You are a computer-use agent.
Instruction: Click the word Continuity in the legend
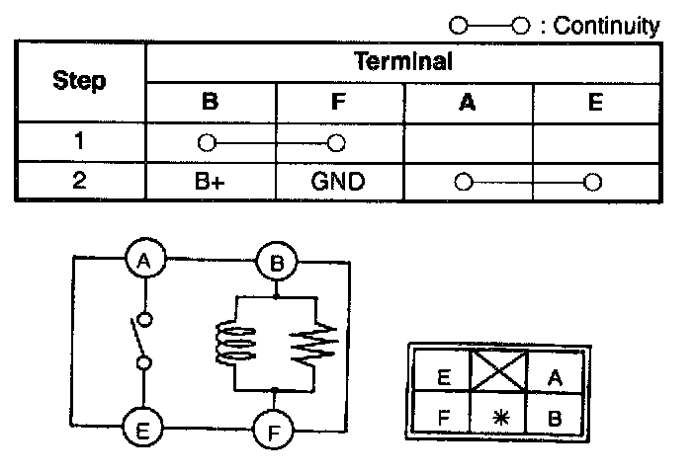pos(606,26)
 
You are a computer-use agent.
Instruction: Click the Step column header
pos(80,81)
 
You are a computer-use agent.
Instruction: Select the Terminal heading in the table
pos(402,61)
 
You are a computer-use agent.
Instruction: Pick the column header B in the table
pos(209,102)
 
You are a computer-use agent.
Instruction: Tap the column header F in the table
pos(338,102)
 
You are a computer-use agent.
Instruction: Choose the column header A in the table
pos(468,102)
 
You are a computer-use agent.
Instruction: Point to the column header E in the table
pos(594,102)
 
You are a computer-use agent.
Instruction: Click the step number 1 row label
pos(79,140)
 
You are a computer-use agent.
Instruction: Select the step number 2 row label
pos(79,182)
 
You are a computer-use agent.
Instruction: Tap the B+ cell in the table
pos(209,183)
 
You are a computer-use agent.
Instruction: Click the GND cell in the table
pos(338,183)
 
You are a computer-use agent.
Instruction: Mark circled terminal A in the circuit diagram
pos(145,261)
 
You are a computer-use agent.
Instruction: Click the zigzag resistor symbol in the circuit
pos(314,344)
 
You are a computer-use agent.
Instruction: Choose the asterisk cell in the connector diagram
pos(497,417)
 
